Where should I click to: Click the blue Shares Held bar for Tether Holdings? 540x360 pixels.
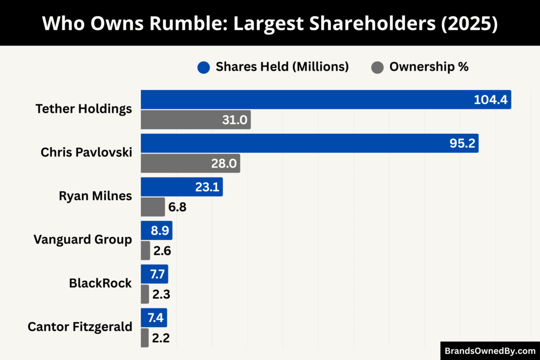[x=316, y=100]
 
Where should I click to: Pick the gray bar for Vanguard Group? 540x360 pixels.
[x=146, y=250]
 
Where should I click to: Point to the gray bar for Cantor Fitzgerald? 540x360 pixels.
[x=145, y=338]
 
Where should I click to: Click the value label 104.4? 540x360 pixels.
[x=491, y=100]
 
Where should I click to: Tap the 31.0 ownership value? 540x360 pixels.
[x=235, y=120]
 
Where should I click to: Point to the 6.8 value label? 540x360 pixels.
[x=178, y=207]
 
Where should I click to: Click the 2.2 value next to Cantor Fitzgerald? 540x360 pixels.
[x=161, y=338]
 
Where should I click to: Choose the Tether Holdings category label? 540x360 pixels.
[x=83, y=109]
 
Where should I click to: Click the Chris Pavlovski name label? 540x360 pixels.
[x=86, y=152]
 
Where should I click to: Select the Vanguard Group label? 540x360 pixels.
[x=83, y=239]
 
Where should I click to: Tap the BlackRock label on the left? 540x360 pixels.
[x=100, y=283]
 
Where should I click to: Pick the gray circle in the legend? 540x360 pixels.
[x=378, y=67]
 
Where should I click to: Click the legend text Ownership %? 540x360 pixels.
[x=429, y=67]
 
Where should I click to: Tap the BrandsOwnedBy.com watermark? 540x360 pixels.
[x=490, y=351]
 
